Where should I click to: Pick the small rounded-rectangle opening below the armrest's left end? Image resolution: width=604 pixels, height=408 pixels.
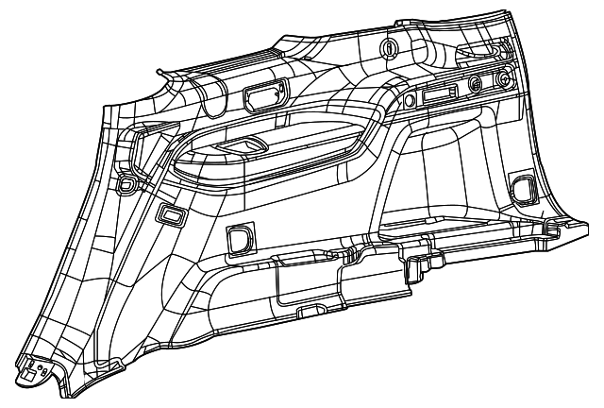[171, 214]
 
